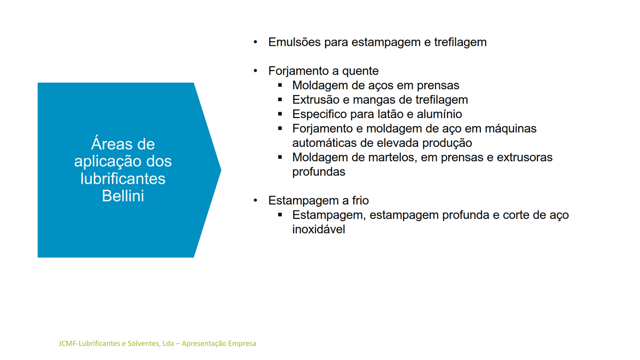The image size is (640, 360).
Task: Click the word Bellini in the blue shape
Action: [x=123, y=196]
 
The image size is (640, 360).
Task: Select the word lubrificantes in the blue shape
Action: [x=123, y=178]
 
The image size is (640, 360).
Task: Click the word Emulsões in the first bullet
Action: [x=294, y=42]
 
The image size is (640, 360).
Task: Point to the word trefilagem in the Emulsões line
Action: [x=461, y=43]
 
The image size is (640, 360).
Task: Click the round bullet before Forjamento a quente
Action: [x=256, y=71]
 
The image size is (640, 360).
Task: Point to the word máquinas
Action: [x=511, y=128]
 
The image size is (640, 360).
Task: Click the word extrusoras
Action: [x=525, y=158]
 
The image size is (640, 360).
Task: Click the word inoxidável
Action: [x=319, y=229]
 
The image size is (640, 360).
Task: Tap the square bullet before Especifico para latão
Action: [x=280, y=114]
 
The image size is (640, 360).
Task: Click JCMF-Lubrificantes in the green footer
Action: [x=89, y=343]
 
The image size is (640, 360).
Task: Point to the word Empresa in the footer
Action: [x=242, y=343]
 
